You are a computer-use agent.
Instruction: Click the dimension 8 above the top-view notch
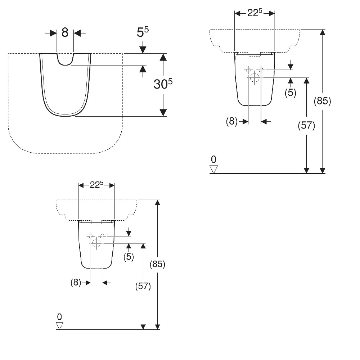[65, 32]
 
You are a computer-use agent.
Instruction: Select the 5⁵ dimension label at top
[143, 32]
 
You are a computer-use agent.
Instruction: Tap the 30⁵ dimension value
[163, 84]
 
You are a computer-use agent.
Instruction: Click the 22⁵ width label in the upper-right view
[255, 13]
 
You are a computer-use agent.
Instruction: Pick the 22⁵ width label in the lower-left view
[96, 185]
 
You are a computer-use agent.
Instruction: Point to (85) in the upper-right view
[322, 101]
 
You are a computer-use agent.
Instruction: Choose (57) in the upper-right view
[306, 125]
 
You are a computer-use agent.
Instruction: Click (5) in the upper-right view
[291, 93]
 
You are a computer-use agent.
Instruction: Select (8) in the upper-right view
[231, 121]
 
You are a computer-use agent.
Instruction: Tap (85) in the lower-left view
[158, 264]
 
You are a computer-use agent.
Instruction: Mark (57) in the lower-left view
[143, 286]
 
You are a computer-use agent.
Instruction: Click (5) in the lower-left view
[129, 257]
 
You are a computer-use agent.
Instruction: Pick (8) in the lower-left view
[76, 282]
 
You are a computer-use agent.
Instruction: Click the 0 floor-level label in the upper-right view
[213, 159]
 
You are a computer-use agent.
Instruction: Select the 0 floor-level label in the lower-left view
[59, 317]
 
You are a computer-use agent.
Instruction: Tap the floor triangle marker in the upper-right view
[214, 169]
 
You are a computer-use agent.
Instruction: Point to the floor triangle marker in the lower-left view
[59, 326]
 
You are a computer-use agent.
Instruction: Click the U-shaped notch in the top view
[65, 59]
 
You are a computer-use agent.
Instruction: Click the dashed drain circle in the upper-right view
[255, 78]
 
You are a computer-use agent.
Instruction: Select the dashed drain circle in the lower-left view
[96, 243]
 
